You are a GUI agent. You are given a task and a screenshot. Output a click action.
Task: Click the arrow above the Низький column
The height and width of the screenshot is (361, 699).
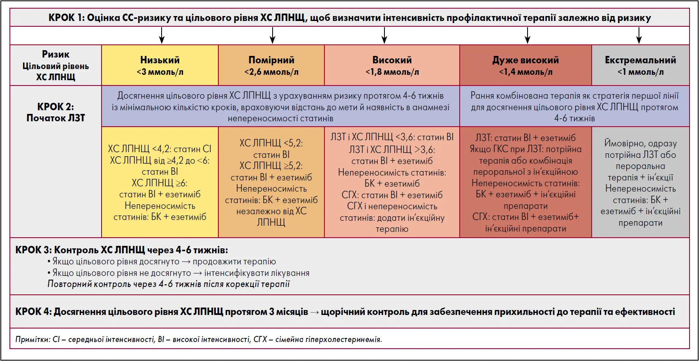tap(162, 35)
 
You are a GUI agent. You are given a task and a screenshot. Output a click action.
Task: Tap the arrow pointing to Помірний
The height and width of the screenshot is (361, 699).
tap(272, 35)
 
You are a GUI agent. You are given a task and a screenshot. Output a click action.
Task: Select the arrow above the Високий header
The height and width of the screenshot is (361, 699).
tap(384, 35)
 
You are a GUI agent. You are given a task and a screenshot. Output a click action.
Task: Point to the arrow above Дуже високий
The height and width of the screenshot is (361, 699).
tap(528, 35)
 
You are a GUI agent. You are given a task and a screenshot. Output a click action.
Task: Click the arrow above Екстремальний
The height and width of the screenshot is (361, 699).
tap(639, 35)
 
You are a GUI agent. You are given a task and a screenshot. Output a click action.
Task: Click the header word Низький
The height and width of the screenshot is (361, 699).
tap(160, 60)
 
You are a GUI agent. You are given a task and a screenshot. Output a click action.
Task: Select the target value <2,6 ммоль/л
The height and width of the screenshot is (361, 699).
tap(271, 72)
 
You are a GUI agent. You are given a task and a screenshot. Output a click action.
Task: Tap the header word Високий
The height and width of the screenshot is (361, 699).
tap(392, 60)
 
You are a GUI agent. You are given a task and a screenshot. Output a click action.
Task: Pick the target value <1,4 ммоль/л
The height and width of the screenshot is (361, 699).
tap(525, 72)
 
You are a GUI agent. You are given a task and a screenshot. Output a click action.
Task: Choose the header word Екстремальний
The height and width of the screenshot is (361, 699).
tap(640, 60)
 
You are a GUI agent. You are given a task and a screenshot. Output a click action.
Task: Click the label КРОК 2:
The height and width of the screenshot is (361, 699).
tap(56, 107)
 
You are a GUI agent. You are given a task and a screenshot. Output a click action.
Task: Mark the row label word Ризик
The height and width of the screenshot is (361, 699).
tap(56, 54)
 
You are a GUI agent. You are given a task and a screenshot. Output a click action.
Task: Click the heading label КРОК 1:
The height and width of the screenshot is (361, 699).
tap(67, 18)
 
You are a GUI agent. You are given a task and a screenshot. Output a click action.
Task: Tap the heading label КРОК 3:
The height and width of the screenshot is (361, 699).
tap(34, 250)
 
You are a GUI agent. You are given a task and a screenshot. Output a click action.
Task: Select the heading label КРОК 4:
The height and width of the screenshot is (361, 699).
tap(34, 312)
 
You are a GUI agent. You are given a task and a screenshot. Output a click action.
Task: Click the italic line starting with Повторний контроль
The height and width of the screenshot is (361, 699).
tap(169, 284)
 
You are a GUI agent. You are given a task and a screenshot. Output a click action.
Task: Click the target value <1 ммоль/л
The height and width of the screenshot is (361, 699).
tap(640, 72)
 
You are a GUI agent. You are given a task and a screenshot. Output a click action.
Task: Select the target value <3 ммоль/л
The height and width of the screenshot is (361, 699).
tap(160, 72)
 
